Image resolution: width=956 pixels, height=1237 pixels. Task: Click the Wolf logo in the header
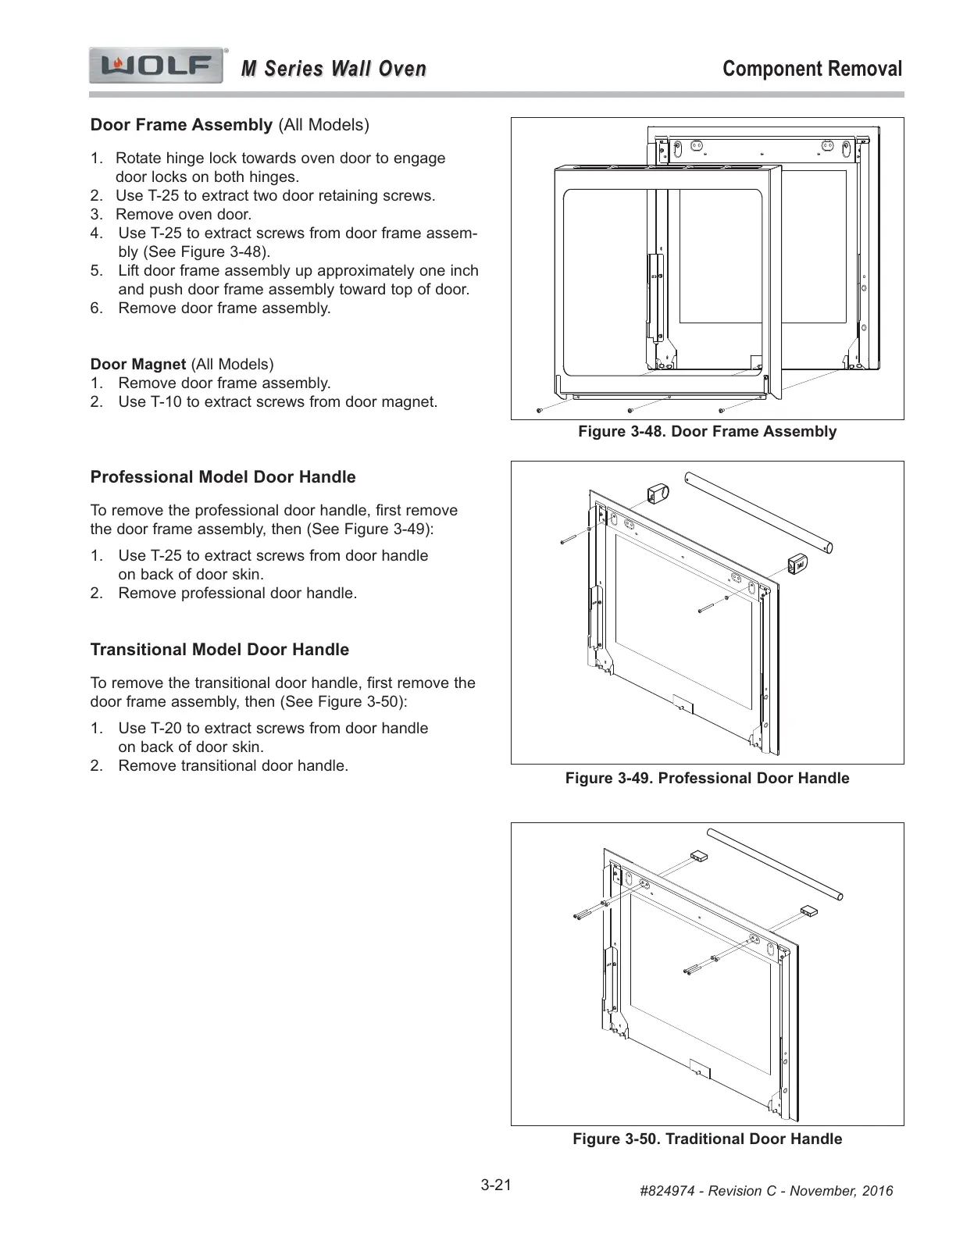click(156, 66)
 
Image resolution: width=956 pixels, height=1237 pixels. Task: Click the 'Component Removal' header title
click(812, 69)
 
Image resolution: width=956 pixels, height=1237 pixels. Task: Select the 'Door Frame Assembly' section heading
click(181, 125)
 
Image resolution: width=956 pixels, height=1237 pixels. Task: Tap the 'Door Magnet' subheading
click(138, 364)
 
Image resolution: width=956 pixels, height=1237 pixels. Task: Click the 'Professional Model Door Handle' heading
click(223, 477)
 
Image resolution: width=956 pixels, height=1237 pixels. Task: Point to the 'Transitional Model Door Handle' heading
click(219, 650)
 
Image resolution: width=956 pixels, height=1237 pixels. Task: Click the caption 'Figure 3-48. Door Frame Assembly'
click(707, 432)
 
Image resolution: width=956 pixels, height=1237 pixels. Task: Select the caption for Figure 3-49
click(707, 779)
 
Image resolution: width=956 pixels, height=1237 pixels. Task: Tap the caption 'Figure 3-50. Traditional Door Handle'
click(707, 1139)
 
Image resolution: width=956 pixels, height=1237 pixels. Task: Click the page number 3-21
click(496, 1185)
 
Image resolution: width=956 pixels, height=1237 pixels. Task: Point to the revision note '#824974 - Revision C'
click(765, 1191)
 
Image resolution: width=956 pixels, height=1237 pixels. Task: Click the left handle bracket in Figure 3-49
click(655, 494)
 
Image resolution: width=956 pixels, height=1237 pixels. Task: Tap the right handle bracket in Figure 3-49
click(796, 562)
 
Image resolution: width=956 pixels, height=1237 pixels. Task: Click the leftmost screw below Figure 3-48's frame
click(539, 410)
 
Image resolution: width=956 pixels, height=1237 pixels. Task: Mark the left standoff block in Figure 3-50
click(697, 857)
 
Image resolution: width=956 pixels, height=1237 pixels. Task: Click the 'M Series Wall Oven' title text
click(334, 69)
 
